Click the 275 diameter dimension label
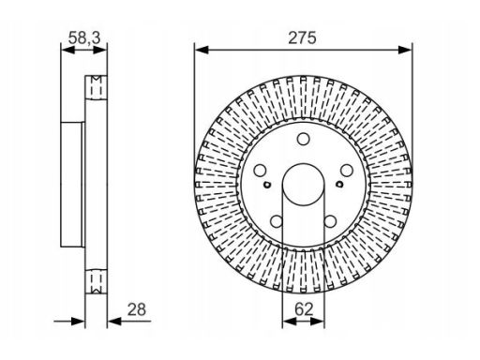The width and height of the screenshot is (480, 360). click(x=302, y=37)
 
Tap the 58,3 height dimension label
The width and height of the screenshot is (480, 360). click(x=84, y=38)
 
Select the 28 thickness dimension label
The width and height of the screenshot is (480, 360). click(x=137, y=309)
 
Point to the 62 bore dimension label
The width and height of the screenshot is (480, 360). click(x=304, y=309)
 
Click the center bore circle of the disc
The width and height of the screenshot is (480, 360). click(x=303, y=184)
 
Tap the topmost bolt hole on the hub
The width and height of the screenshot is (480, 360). click(x=303, y=139)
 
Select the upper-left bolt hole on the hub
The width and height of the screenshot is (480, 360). click(x=260, y=171)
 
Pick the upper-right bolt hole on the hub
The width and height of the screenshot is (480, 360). click(x=346, y=171)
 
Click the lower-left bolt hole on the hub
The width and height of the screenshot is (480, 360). click(x=277, y=221)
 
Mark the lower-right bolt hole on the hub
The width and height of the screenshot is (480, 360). click(x=330, y=221)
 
